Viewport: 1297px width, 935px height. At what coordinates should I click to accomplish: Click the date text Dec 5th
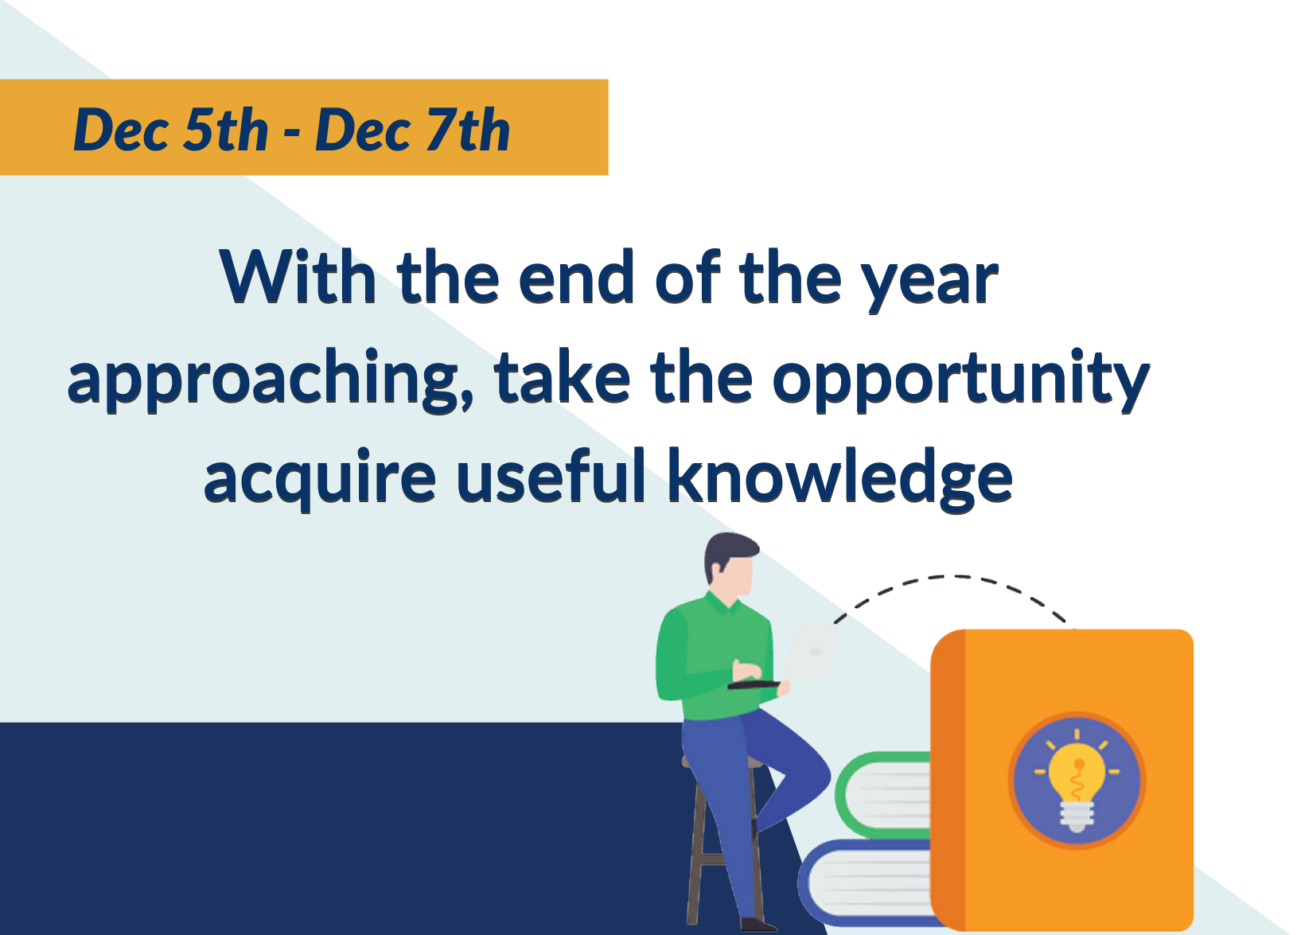(x=171, y=130)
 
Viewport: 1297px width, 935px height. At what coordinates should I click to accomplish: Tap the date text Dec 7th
(x=413, y=130)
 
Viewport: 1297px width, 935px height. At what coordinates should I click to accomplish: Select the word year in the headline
(x=933, y=282)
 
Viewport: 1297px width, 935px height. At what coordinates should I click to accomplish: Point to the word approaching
(x=271, y=380)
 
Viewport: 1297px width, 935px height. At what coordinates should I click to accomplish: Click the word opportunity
(x=961, y=380)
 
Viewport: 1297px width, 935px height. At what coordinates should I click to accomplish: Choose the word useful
(x=551, y=476)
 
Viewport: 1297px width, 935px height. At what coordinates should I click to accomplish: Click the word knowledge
(x=840, y=479)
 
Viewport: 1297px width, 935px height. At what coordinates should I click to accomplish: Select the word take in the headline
(x=563, y=376)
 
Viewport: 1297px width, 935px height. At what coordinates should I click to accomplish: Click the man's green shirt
(x=717, y=657)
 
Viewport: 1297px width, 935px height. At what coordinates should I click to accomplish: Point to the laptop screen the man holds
(x=811, y=653)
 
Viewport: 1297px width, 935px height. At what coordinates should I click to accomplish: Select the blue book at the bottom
(x=866, y=883)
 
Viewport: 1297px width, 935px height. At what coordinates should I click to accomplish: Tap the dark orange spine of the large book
(x=948, y=779)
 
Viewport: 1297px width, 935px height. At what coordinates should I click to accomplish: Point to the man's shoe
(x=758, y=925)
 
